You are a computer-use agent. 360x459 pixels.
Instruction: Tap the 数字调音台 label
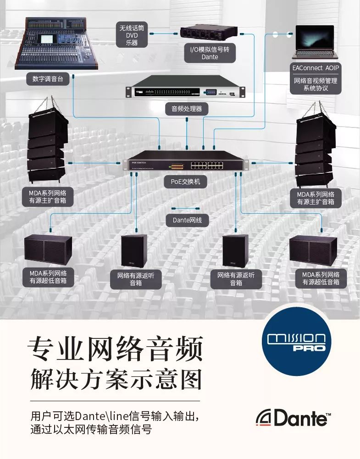tap(48, 79)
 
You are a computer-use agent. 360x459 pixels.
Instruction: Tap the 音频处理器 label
tap(187, 109)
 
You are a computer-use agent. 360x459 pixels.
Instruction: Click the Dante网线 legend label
tap(187, 220)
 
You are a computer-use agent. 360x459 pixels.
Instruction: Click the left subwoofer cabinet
tap(48, 250)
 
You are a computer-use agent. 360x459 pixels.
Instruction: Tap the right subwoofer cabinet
tap(314, 251)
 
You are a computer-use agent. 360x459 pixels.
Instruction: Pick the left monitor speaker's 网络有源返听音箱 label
tap(136, 279)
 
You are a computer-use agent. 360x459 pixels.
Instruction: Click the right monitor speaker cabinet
tap(235, 251)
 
